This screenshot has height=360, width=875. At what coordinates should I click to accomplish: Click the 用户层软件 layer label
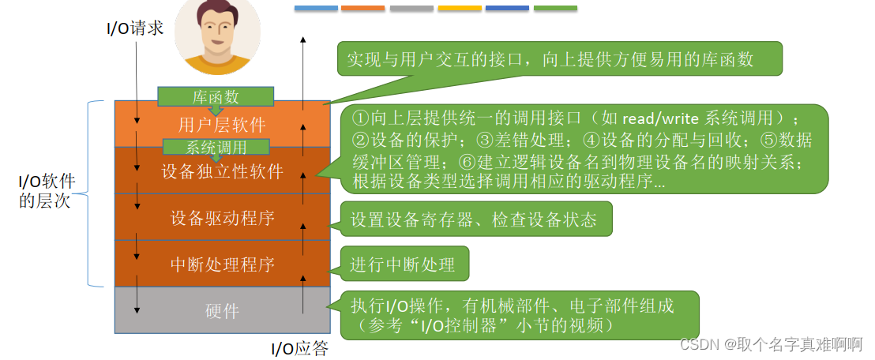click(x=222, y=125)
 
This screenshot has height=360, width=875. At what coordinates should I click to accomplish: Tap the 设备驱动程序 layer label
click(x=222, y=218)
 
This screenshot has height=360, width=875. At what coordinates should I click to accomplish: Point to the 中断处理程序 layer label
click(x=222, y=264)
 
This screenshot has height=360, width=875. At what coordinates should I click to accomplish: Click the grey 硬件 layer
click(x=222, y=310)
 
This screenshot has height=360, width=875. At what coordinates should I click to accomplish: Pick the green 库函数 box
click(x=216, y=96)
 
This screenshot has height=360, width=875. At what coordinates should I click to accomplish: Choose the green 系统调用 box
click(x=216, y=147)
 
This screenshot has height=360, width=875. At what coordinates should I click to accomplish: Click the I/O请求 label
click(x=135, y=28)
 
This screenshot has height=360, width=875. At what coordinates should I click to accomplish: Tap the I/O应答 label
click(x=299, y=349)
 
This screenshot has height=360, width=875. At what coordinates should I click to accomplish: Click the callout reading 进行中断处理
click(x=404, y=264)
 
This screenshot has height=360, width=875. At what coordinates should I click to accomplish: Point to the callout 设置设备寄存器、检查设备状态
click(x=475, y=220)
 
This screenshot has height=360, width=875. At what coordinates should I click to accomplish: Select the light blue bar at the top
click(x=316, y=9)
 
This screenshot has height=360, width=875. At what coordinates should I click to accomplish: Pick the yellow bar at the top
click(x=460, y=9)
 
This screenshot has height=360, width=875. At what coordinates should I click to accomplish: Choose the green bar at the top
click(x=555, y=9)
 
